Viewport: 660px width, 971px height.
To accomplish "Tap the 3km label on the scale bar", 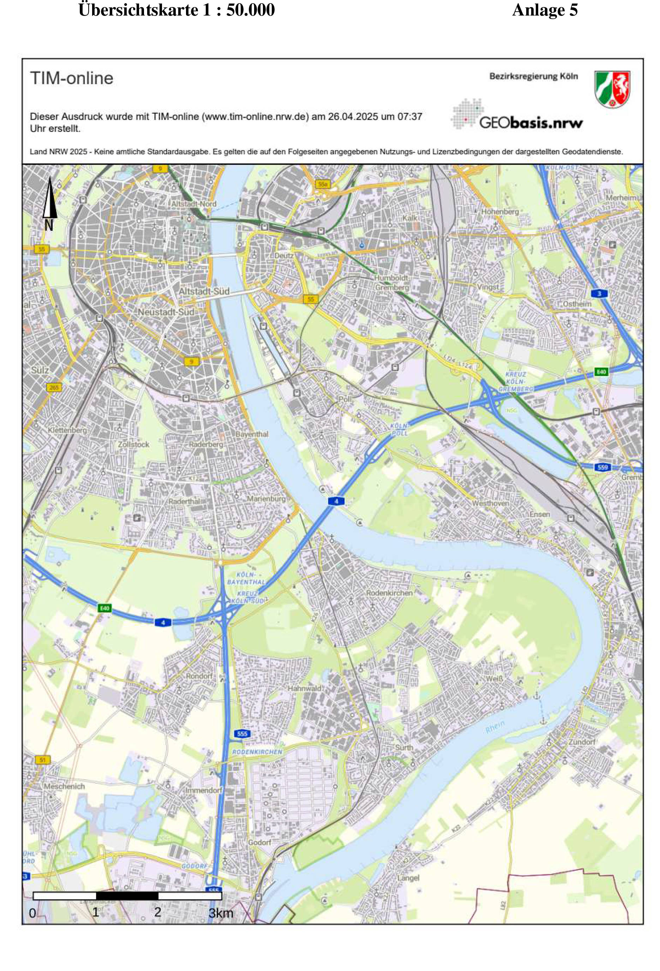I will pyautogui.click(x=221, y=913).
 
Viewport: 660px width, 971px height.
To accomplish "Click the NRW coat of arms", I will pyautogui.click(x=612, y=89).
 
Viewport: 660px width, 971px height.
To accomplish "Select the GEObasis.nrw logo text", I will pyautogui.click(x=530, y=123).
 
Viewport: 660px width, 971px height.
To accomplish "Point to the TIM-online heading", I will pyautogui.click(x=71, y=78).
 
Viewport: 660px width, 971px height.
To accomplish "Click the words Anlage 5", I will pyautogui.click(x=544, y=10).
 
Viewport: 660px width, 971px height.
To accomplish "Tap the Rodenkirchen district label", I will pyautogui.click(x=389, y=592).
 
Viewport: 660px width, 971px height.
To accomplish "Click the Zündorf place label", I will pyautogui.click(x=581, y=741).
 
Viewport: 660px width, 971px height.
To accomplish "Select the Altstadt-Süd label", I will pyautogui.click(x=204, y=291).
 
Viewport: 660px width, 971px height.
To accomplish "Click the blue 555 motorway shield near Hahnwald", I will pyautogui.click(x=242, y=733).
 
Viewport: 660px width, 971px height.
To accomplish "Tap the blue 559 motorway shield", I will pyautogui.click(x=602, y=467).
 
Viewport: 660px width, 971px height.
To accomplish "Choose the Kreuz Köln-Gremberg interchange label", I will pyautogui.click(x=516, y=381).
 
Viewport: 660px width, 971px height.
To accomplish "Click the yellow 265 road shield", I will pyautogui.click(x=54, y=387).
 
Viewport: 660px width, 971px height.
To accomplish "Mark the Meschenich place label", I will pyautogui.click(x=64, y=786).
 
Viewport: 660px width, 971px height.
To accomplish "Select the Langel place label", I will pyautogui.click(x=408, y=878).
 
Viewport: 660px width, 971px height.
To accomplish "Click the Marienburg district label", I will pyautogui.click(x=266, y=499).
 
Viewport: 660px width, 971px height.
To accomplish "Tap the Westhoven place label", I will pyautogui.click(x=490, y=503).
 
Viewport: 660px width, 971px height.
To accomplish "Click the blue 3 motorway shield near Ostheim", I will pyautogui.click(x=599, y=294).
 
